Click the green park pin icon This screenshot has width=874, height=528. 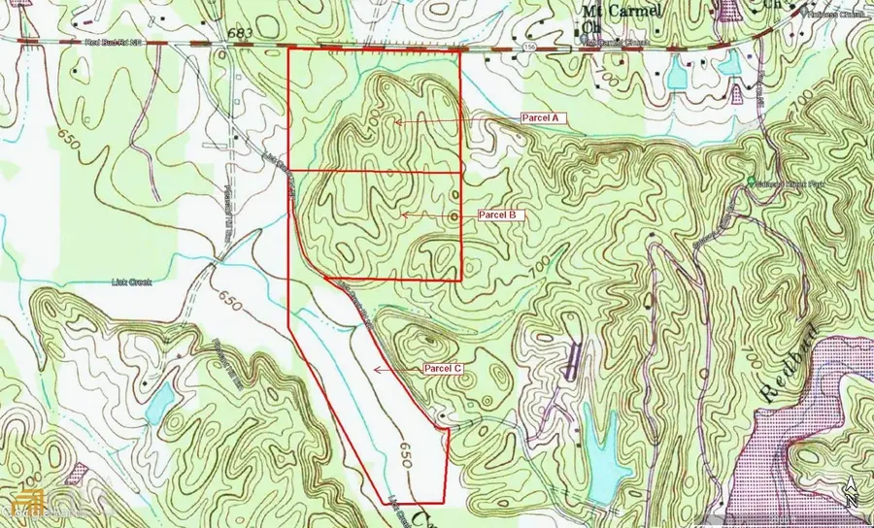[x=750, y=183]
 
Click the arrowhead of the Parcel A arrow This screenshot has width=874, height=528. [x=396, y=120]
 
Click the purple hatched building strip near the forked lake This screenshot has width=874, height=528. [x=575, y=358]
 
